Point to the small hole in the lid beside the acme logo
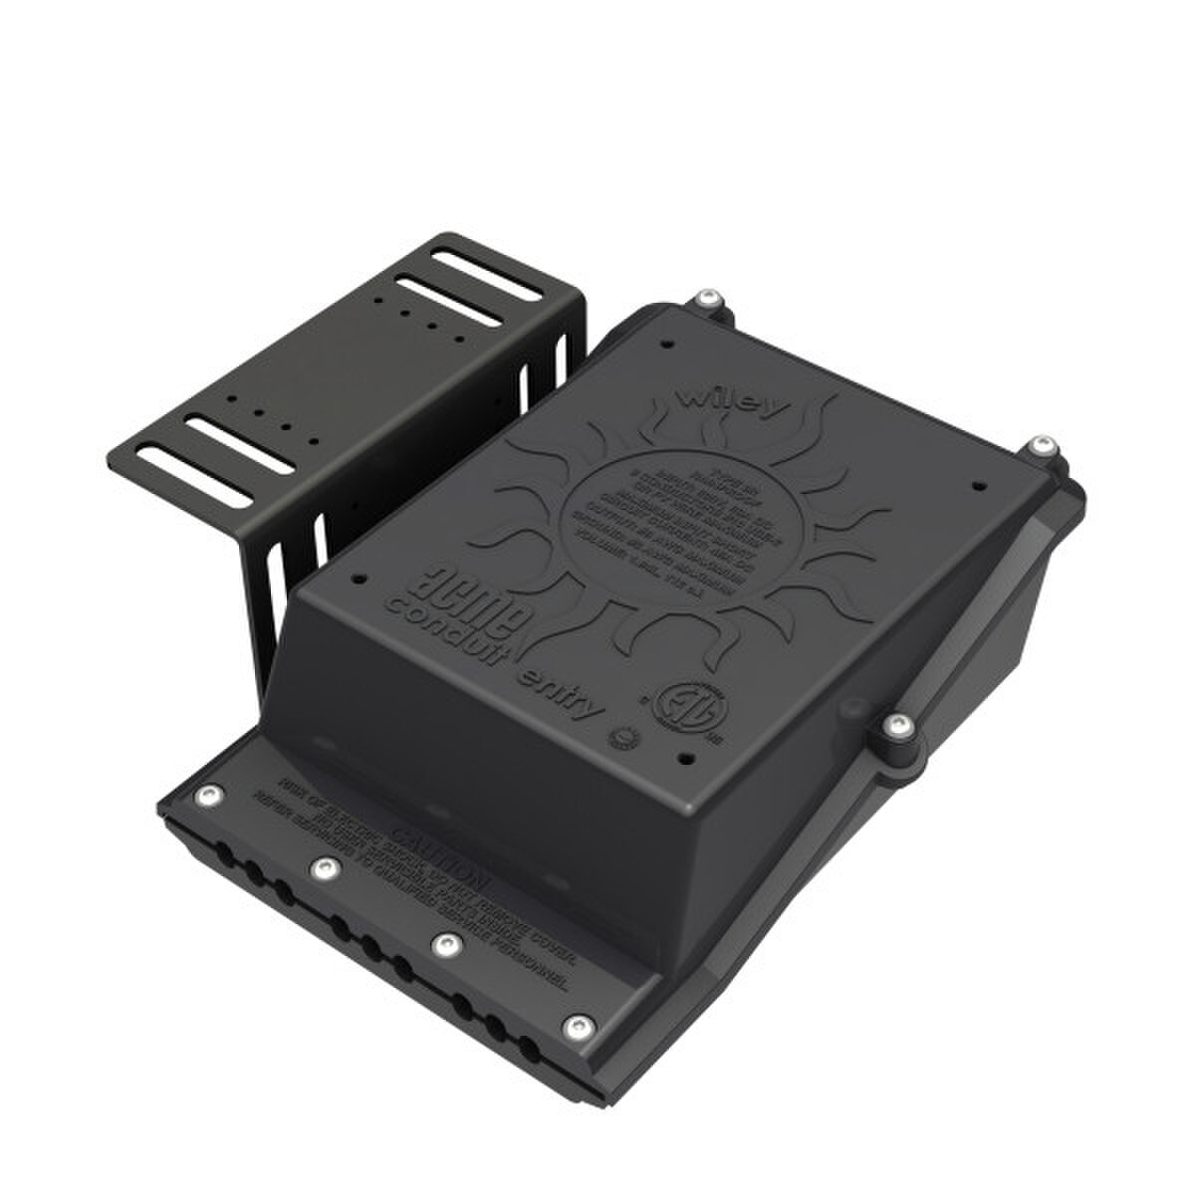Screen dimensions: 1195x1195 pyautogui.click(x=358, y=577)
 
